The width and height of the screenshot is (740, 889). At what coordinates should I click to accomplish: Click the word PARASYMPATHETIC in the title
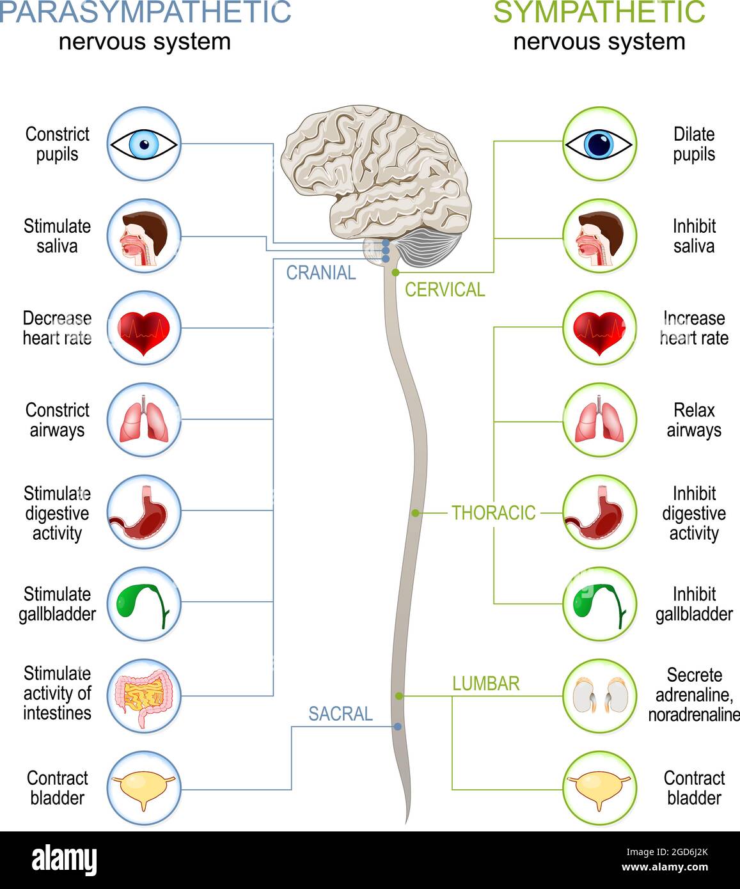click(x=146, y=12)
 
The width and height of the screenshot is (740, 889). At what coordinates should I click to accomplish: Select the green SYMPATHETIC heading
click(x=599, y=12)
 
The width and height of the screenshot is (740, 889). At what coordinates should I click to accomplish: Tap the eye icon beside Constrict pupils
click(x=144, y=144)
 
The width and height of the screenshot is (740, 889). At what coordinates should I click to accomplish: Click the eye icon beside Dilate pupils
click(x=599, y=144)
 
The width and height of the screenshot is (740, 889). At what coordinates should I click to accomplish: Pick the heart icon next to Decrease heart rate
click(x=144, y=329)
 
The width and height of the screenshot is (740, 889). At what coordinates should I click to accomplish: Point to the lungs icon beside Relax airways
click(x=599, y=421)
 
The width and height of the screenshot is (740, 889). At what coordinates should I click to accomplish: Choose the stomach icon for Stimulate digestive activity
click(x=144, y=512)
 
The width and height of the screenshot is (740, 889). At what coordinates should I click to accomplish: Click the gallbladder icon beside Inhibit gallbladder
click(x=599, y=604)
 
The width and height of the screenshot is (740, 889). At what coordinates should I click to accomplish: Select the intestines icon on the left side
click(x=144, y=696)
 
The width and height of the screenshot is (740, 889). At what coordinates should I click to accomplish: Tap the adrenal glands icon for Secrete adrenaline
click(x=599, y=696)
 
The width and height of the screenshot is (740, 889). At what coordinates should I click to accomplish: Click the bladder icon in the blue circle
click(x=144, y=789)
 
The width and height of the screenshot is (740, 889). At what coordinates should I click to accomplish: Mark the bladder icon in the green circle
click(x=599, y=789)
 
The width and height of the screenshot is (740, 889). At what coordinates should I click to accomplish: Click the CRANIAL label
click(x=321, y=273)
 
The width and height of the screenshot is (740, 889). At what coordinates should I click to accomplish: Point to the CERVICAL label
click(x=445, y=290)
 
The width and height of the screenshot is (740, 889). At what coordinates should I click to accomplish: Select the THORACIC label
click(x=493, y=513)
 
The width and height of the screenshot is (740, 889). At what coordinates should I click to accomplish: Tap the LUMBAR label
click(x=485, y=684)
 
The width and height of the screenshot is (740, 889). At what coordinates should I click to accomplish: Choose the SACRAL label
click(x=340, y=714)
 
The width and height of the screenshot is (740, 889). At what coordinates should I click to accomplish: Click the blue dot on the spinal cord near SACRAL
click(x=398, y=727)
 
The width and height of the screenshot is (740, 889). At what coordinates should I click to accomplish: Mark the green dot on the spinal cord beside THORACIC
click(x=416, y=513)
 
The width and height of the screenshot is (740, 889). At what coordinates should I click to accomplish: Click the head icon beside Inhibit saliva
click(x=599, y=237)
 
